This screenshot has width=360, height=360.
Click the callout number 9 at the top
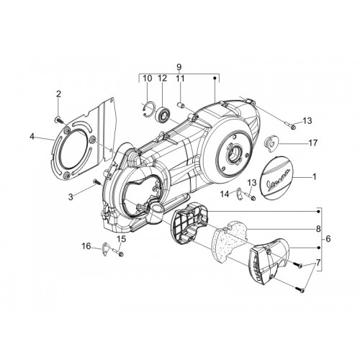point(179,67)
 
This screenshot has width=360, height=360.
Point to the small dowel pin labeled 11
point(180,105)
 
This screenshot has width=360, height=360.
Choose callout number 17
point(313,143)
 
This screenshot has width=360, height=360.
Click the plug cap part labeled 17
point(271,143)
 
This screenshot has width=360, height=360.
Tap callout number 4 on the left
point(32,137)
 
